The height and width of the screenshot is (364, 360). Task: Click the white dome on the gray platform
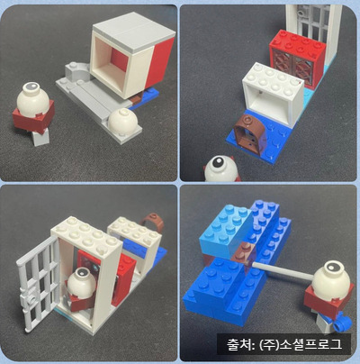[x=122, y=120]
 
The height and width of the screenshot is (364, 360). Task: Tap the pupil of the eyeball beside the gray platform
[x=31, y=87]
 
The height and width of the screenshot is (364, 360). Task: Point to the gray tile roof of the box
[x=133, y=30]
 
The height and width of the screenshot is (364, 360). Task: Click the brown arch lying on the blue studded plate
[x=249, y=134]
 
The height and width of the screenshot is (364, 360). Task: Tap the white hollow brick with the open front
[x=273, y=92]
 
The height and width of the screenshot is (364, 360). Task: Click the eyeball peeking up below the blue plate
[x=220, y=168]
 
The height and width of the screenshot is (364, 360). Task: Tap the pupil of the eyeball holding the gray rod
[x=331, y=267]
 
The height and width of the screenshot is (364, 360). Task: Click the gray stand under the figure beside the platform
[x=40, y=137]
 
